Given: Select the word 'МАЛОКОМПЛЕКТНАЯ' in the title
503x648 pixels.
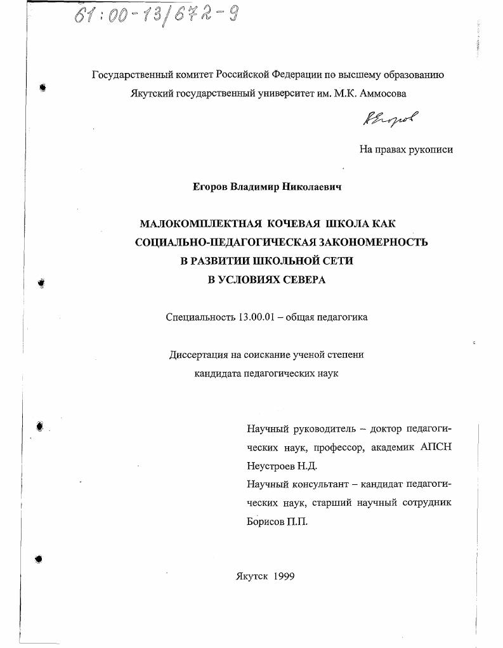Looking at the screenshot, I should pyautogui.click(x=200, y=223).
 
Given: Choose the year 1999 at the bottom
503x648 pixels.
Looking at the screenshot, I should pyautogui.click(x=282, y=576).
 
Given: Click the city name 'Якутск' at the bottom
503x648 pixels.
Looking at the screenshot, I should pyautogui.click(x=251, y=576).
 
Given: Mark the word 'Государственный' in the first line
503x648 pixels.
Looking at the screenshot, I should pyautogui.click(x=129, y=74).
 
